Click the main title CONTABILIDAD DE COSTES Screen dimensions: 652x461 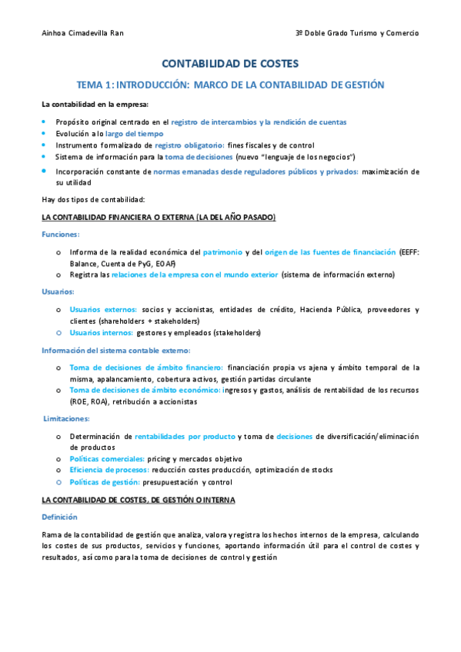click(230, 64)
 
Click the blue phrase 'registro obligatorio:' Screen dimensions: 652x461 click(189, 145)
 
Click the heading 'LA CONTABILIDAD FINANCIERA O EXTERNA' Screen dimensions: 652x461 click(158, 218)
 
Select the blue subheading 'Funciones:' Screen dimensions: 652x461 click(61, 235)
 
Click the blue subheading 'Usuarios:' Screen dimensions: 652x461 click(58, 292)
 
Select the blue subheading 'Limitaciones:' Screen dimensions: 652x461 click(66, 419)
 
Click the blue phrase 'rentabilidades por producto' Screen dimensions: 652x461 click(185, 436)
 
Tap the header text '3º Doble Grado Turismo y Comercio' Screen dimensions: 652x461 click(357, 33)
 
